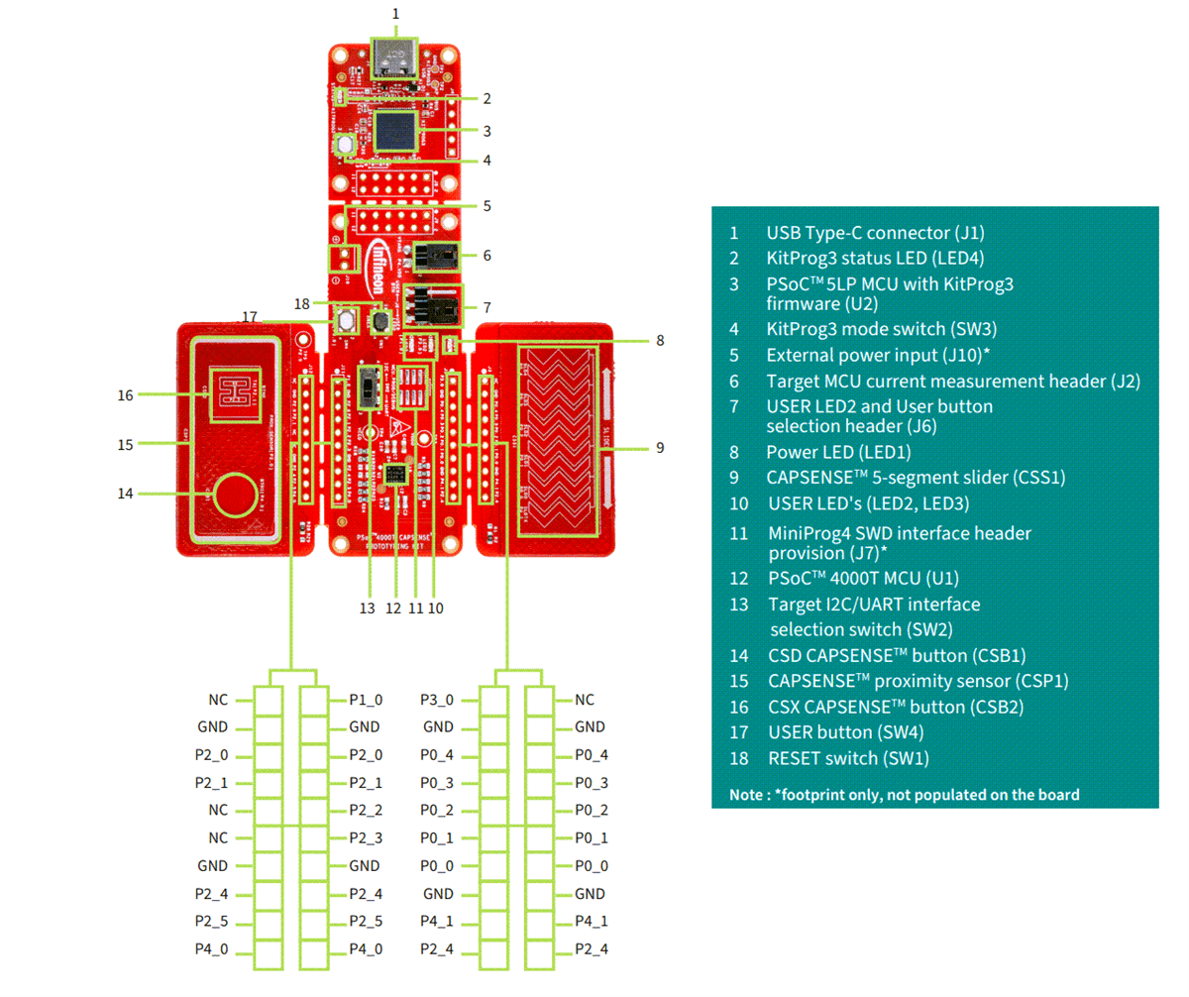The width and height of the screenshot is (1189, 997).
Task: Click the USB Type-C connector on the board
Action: click(x=395, y=59)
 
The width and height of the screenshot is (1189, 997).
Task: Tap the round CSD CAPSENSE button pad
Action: click(x=235, y=494)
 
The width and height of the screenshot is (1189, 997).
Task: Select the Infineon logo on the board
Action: click(x=380, y=261)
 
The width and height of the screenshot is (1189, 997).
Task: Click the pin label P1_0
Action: click(x=366, y=700)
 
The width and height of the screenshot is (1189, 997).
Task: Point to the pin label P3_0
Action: click(x=437, y=700)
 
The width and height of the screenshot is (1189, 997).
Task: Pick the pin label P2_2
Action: click(x=366, y=811)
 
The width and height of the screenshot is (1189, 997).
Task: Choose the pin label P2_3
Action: click(x=366, y=838)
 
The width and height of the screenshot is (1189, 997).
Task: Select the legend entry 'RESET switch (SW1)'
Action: click(x=848, y=758)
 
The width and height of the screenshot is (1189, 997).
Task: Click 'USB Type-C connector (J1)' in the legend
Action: click(x=875, y=233)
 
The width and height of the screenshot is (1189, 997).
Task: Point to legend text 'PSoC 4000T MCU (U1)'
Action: click(x=863, y=578)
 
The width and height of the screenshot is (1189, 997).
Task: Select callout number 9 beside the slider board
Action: click(x=659, y=448)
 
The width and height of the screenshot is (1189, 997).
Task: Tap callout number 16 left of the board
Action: click(x=125, y=394)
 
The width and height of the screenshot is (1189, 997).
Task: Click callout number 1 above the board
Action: click(x=395, y=14)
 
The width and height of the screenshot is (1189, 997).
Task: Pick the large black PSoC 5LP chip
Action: click(x=394, y=131)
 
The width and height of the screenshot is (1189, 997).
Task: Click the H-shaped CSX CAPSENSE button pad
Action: click(x=233, y=389)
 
